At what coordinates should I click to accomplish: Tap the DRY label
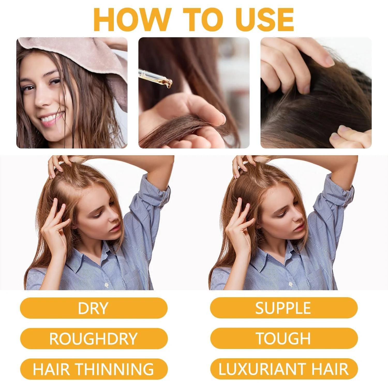pos(94,308)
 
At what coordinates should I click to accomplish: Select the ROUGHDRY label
pos(94,339)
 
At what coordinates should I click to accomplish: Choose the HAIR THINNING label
pos(94,369)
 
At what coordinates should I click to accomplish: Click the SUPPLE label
pos(284,308)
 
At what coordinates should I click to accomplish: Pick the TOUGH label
pos(284,338)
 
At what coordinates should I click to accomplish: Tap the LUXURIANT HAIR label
pos(284,369)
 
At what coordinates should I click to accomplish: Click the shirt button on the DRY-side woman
pos(106,285)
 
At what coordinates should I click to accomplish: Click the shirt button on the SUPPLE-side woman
pos(290,284)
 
